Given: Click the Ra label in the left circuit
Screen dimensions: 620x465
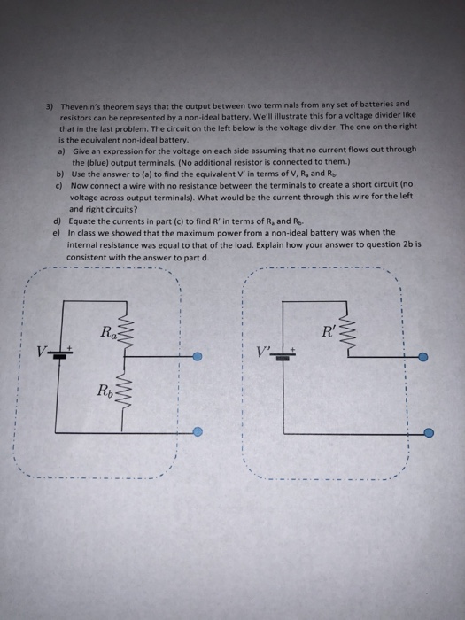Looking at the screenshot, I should coord(108,332).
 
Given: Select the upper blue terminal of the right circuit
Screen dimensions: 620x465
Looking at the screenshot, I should coord(423,357).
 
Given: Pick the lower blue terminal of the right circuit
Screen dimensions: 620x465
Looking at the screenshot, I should coord(429,433).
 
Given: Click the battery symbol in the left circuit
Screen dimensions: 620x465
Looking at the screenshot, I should coord(58,352).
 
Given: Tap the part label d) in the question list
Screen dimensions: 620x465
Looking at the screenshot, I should coord(58,221).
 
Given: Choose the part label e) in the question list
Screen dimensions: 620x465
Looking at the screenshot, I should coord(58,232).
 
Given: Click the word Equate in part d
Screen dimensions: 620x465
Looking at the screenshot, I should coord(81,221).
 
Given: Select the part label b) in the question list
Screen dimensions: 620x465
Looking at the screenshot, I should coord(58,175).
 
